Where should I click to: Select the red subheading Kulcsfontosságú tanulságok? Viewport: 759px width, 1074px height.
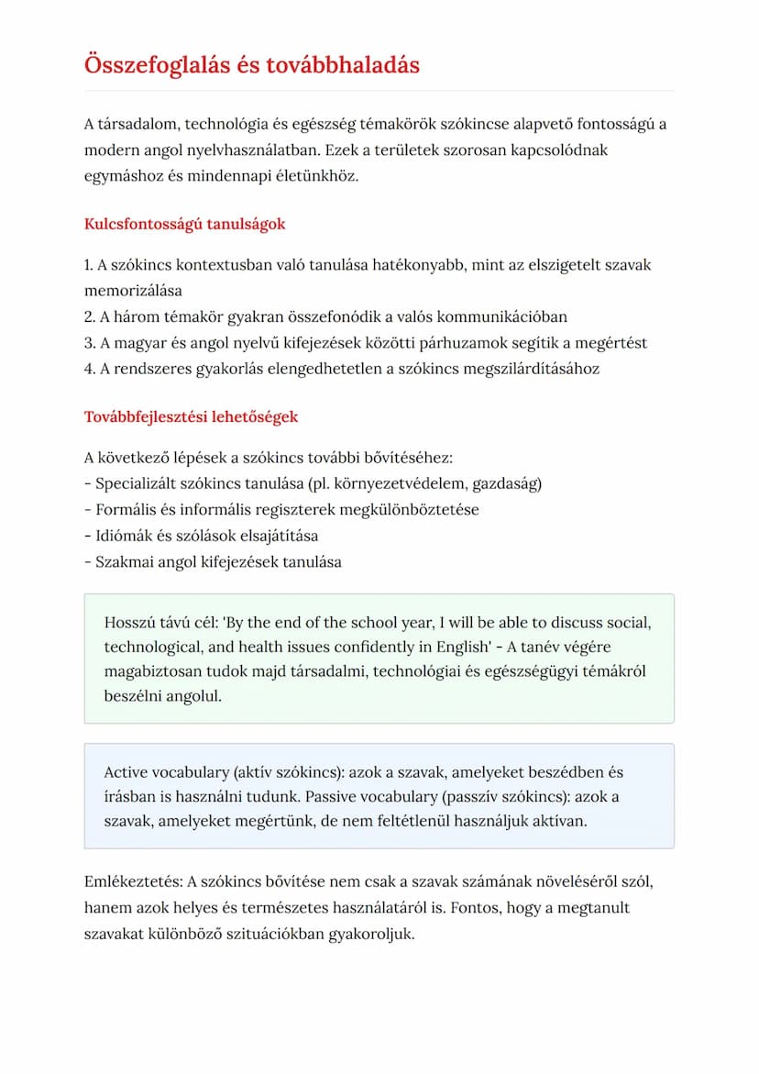pos(184,224)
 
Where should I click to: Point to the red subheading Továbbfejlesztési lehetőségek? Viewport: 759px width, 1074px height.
pos(191,417)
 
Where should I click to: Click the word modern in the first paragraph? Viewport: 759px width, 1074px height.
pos(109,149)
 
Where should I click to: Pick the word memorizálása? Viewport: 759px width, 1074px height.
pos(133,291)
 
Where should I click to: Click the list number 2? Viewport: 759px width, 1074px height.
pos(88,317)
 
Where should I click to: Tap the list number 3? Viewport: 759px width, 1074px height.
pos(88,343)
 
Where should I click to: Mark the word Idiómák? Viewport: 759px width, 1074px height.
pos(126,536)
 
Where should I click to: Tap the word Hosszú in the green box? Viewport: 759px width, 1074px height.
pos(131,622)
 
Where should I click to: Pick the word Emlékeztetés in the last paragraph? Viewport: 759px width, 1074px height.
pos(132,882)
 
